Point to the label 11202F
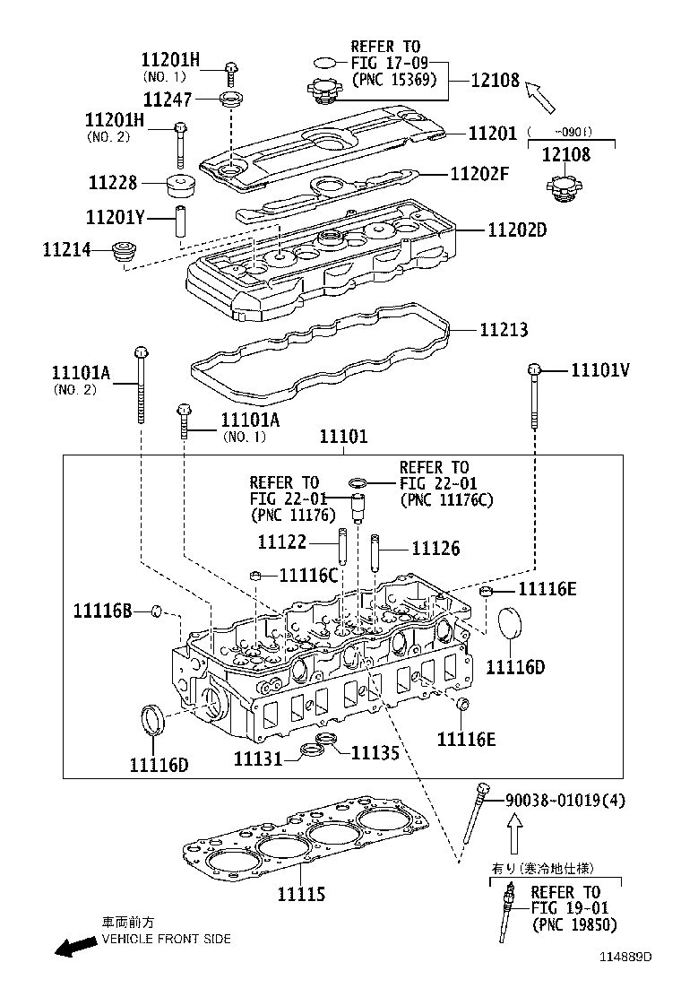pyautogui.click(x=478, y=174)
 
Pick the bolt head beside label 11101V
pyautogui.click(x=533, y=368)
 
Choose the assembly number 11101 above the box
pyautogui.click(x=343, y=437)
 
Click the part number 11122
pyautogui.click(x=281, y=542)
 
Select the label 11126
pyautogui.click(x=435, y=548)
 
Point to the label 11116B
pyautogui.click(x=103, y=611)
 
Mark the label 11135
pyautogui.click(x=375, y=753)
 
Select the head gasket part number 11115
pyautogui.click(x=300, y=894)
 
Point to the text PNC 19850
pyautogui.click(x=573, y=924)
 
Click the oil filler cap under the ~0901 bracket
pyautogui.click(x=565, y=189)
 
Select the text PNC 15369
pyautogui.click(x=393, y=79)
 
